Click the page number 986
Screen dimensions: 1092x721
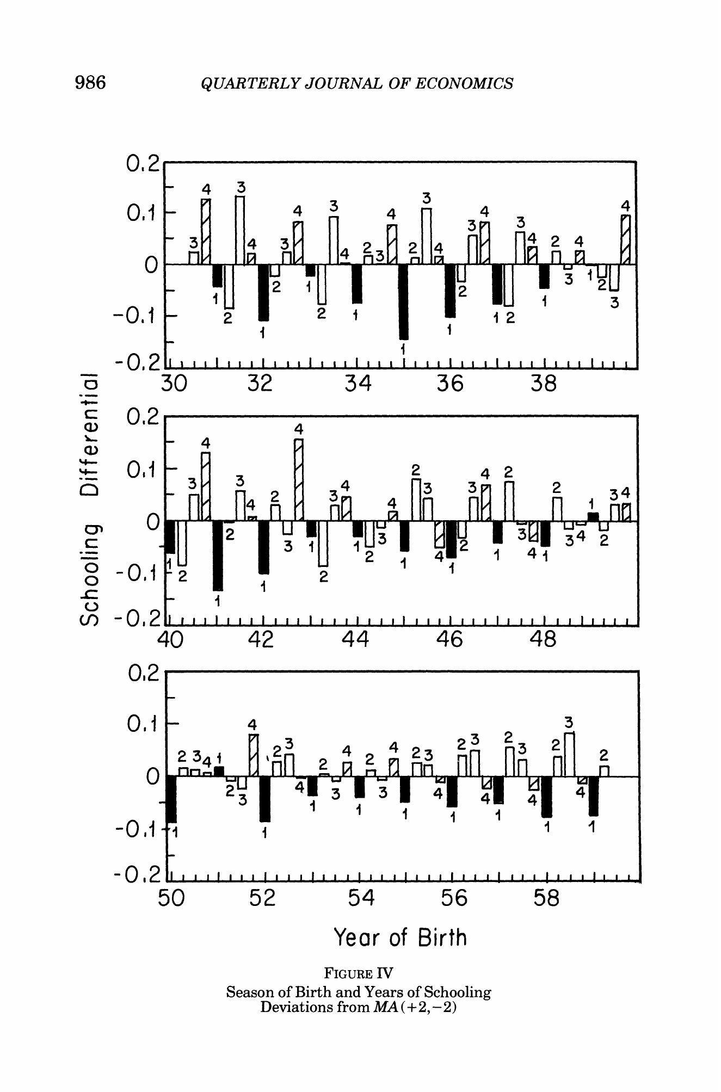(90, 83)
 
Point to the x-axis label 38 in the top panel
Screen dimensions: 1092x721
(543, 384)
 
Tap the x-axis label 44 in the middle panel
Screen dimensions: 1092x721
(356, 639)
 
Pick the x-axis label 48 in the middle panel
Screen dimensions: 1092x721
(543, 639)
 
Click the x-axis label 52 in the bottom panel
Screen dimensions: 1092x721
(263, 898)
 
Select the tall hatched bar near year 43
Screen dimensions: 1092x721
(299, 479)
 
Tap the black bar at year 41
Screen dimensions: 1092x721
(218, 555)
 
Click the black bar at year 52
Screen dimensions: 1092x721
(265, 799)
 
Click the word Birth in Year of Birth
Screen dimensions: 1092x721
(442, 937)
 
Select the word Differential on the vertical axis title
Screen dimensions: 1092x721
(90, 435)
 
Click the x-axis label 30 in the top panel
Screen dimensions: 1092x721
(174, 384)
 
